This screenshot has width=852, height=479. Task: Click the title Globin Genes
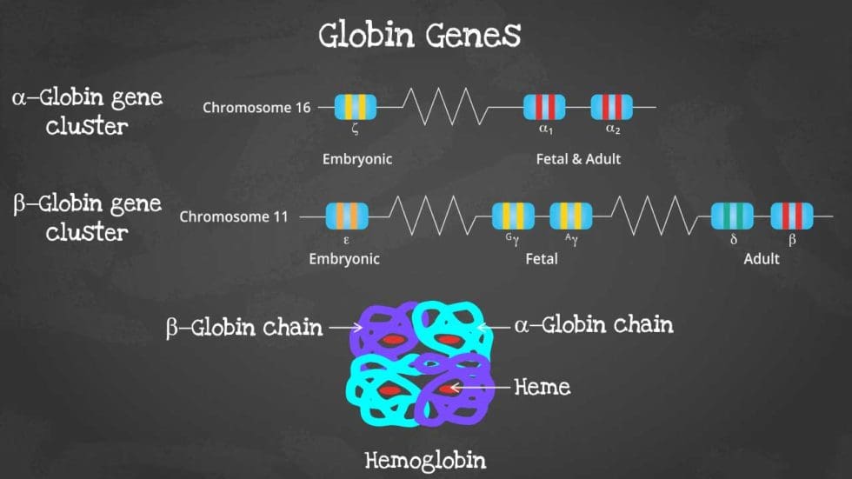click(x=420, y=37)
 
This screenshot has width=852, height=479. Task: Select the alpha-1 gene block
click(x=544, y=107)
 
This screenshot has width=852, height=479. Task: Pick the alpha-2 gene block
click(x=611, y=107)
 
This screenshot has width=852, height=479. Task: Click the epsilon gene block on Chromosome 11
click(x=347, y=216)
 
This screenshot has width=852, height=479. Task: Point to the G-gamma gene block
click(x=513, y=216)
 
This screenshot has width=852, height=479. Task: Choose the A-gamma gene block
click(x=570, y=216)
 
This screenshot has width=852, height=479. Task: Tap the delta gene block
click(x=732, y=216)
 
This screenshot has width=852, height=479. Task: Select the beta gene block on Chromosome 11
click(x=792, y=216)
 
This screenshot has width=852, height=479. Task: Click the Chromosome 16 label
click(x=256, y=108)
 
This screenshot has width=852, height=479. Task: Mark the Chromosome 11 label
click(x=234, y=216)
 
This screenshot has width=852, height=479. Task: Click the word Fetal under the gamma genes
click(x=542, y=259)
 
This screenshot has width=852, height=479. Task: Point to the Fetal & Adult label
click(x=578, y=159)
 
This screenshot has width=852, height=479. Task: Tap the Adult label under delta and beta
click(x=762, y=259)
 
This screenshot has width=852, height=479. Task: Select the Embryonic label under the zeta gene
click(x=357, y=159)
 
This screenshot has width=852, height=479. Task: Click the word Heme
click(x=542, y=386)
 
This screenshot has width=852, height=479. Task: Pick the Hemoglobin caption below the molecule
click(x=424, y=459)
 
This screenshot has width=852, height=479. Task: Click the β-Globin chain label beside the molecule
click(x=244, y=329)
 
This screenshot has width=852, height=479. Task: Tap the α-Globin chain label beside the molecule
click(x=594, y=326)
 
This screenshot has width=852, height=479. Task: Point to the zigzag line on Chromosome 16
click(x=444, y=107)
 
